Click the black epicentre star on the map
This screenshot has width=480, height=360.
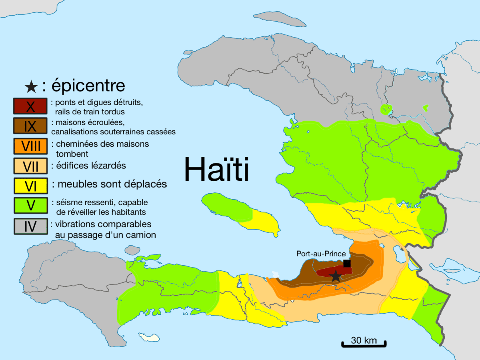coord(336,276)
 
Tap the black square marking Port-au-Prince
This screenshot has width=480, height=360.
coord(347,263)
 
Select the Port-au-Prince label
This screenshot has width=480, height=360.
coord(321,254)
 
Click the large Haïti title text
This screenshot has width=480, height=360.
coord(216,169)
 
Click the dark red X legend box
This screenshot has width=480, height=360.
coord(30,107)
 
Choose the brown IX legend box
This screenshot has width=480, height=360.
coord(30,126)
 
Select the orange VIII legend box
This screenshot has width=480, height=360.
coord(30,146)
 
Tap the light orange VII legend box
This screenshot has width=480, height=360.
coord(30,165)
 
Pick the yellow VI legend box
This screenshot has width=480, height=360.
coord(30,185)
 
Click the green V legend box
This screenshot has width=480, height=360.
coord(30,205)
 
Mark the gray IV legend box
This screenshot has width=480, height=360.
coord(30,226)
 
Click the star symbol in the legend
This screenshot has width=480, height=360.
coord(31,86)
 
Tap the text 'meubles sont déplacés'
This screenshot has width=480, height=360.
coord(112,184)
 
